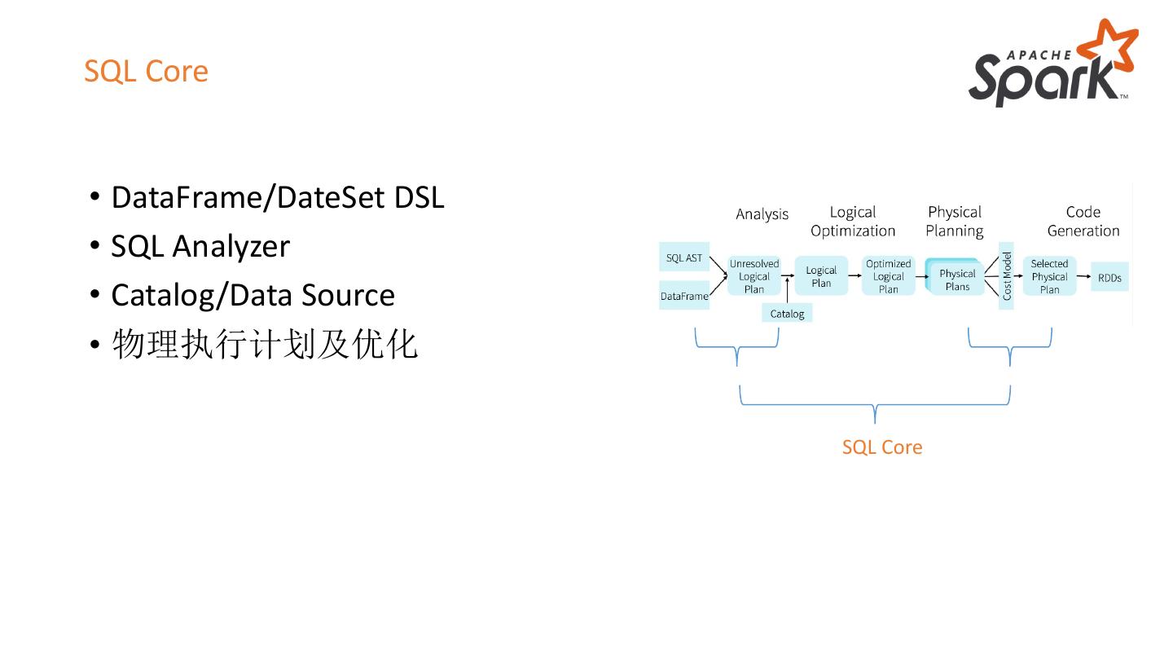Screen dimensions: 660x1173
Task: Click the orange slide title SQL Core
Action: [146, 71]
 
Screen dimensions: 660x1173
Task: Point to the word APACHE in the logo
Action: [1039, 55]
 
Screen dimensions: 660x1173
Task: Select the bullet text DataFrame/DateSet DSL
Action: [277, 197]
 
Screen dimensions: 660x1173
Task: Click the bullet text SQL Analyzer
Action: [200, 246]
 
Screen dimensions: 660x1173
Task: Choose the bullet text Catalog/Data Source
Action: [253, 295]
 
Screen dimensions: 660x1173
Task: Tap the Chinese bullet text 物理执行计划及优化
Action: [265, 344]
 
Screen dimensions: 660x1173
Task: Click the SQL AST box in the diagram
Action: [683, 258]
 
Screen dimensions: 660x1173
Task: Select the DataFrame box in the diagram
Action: [683, 296]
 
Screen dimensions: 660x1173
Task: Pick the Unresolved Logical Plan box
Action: [753, 276]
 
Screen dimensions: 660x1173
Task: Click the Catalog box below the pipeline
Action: [787, 314]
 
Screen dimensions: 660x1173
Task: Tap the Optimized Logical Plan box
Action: [888, 276]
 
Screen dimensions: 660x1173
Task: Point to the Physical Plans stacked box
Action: [956, 279]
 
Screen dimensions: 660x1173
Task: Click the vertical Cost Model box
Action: [1006, 276]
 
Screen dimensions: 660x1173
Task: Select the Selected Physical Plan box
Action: [1049, 276]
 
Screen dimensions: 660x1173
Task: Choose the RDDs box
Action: [1109, 278]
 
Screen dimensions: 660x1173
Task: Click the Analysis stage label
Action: [762, 214]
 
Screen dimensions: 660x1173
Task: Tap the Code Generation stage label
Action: [1083, 221]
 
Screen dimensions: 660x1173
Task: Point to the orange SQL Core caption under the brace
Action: [882, 447]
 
